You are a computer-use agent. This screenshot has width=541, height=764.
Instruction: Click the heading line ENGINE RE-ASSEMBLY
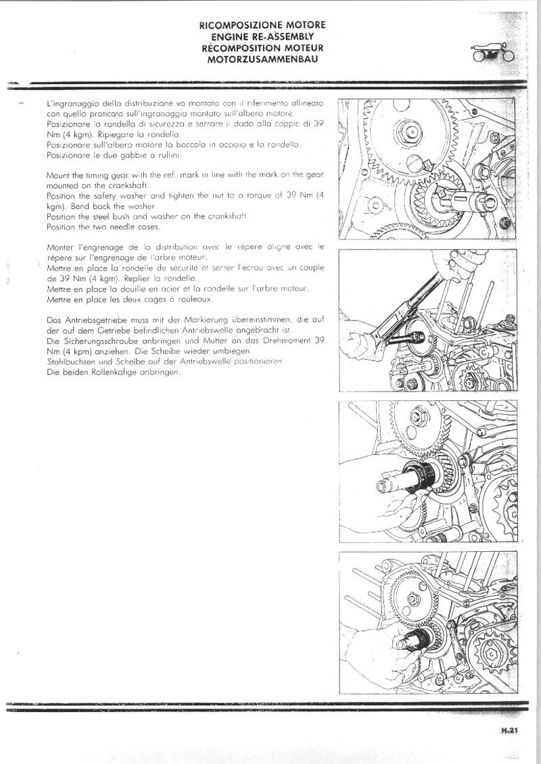click(262, 37)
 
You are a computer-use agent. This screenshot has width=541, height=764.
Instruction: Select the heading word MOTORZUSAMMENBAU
click(262, 59)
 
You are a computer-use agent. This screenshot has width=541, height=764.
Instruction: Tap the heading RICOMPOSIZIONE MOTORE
click(262, 25)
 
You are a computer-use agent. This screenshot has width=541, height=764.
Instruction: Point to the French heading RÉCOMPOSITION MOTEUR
click(262, 48)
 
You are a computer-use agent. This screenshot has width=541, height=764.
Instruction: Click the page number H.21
click(509, 730)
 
